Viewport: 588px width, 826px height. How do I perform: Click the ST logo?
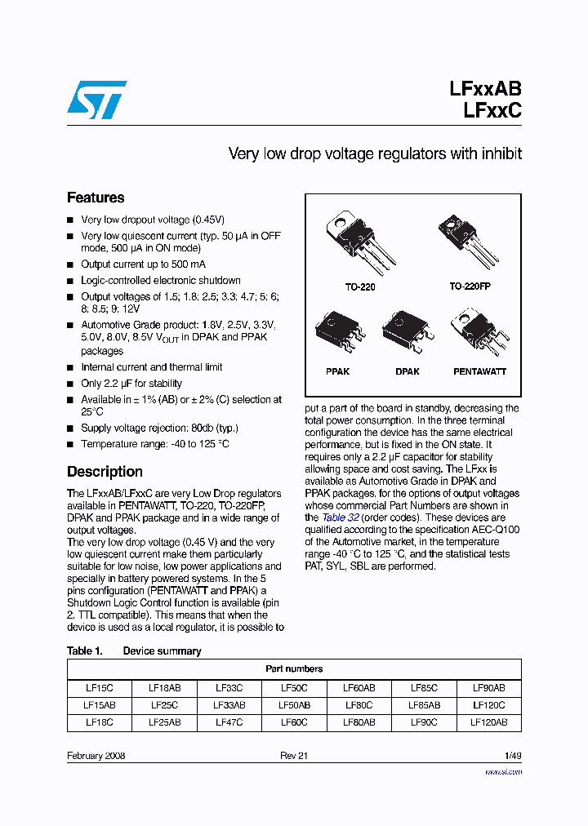[96, 100]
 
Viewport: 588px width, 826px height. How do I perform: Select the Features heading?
[96, 198]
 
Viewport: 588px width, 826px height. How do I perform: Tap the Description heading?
[105, 472]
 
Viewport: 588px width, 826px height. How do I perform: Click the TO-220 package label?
[360, 287]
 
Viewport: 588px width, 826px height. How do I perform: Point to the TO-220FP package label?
[470, 287]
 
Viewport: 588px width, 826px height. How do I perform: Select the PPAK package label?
[337, 371]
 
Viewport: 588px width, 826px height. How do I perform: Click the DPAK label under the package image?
[407, 371]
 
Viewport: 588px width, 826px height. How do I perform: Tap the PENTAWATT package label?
[479, 371]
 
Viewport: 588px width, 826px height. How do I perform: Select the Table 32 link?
[333, 517]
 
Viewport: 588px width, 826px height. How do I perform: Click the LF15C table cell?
[99, 688]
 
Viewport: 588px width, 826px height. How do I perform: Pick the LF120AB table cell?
[488, 722]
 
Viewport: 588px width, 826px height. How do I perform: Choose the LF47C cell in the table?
[229, 722]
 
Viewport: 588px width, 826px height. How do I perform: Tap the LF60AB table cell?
[359, 688]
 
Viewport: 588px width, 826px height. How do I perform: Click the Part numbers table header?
[294, 668]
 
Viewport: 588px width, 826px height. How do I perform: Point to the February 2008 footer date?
[96, 756]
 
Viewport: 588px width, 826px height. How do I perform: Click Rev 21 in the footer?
[294, 756]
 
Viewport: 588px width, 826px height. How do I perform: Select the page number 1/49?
[512, 756]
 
